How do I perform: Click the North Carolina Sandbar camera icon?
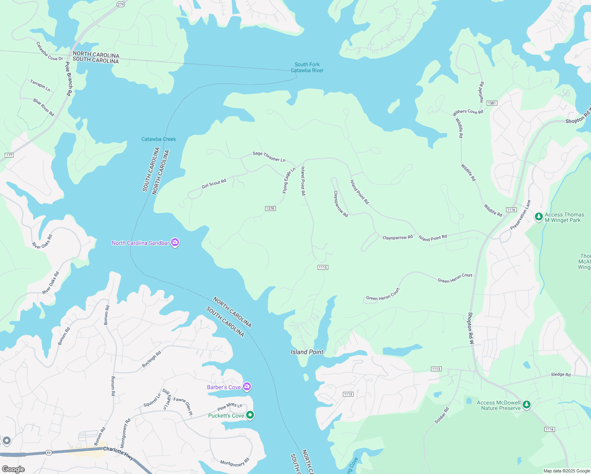(175, 243)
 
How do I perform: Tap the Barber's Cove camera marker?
(247, 387)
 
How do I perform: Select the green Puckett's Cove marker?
(250, 415)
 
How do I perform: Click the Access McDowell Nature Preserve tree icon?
(526, 405)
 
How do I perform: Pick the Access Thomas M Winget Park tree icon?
(538, 216)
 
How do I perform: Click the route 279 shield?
(120, 4)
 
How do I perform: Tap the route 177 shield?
(9, 155)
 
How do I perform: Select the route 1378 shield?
(270, 209)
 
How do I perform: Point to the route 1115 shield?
(323, 267)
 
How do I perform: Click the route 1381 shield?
(491, 103)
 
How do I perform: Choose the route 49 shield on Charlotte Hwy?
(48, 453)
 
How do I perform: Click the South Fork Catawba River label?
(307, 68)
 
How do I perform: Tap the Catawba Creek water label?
(159, 139)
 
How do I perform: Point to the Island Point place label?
(307, 352)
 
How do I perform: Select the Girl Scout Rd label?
(214, 184)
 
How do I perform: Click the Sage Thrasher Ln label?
(269, 156)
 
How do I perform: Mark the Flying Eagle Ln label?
(289, 181)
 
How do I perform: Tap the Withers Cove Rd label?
(468, 113)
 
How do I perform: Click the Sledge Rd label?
(561, 374)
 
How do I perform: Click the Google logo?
(13, 469)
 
